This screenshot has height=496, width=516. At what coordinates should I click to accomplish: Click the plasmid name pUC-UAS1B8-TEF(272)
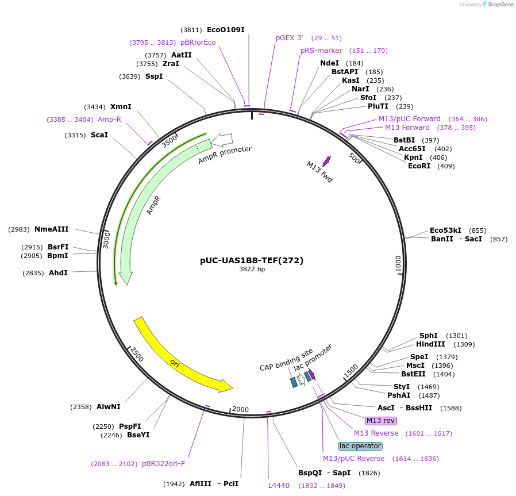pyautogui.click(x=252, y=260)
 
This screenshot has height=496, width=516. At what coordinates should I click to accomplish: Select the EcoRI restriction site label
pyautogui.click(x=419, y=166)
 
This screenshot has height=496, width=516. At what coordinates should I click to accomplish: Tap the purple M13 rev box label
pyautogui.click(x=381, y=421)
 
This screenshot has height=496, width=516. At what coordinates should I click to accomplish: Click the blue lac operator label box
pyautogui.click(x=360, y=446)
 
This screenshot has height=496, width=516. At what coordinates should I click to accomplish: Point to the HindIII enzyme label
pyautogui.click(x=430, y=344)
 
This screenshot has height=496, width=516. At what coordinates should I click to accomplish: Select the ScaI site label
pyautogui.click(x=99, y=135)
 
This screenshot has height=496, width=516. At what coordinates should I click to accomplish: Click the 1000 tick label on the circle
pyautogui.click(x=398, y=264)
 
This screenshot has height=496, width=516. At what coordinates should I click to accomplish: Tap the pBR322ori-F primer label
pyautogui.click(x=163, y=464)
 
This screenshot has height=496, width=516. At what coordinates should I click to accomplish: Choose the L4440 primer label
pyautogui.click(x=279, y=486)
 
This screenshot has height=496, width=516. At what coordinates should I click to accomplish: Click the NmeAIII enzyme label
pyautogui.click(x=51, y=229)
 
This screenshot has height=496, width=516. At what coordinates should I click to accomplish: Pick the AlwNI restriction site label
pyautogui.click(x=108, y=407)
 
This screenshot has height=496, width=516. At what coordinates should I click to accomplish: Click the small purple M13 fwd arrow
pyautogui.click(x=326, y=162)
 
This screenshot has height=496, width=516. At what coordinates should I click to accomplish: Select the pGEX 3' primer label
pyautogui.click(x=289, y=38)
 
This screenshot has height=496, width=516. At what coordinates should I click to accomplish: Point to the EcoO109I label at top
pyautogui.click(x=225, y=30)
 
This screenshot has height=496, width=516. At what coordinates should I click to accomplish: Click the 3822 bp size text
pyautogui.click(x=252, y=270)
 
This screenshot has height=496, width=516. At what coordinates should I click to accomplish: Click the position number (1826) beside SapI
pyautogui.click(x=369, y=473)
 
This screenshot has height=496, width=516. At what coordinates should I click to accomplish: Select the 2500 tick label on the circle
pyautogui.click(x=137, y=354)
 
